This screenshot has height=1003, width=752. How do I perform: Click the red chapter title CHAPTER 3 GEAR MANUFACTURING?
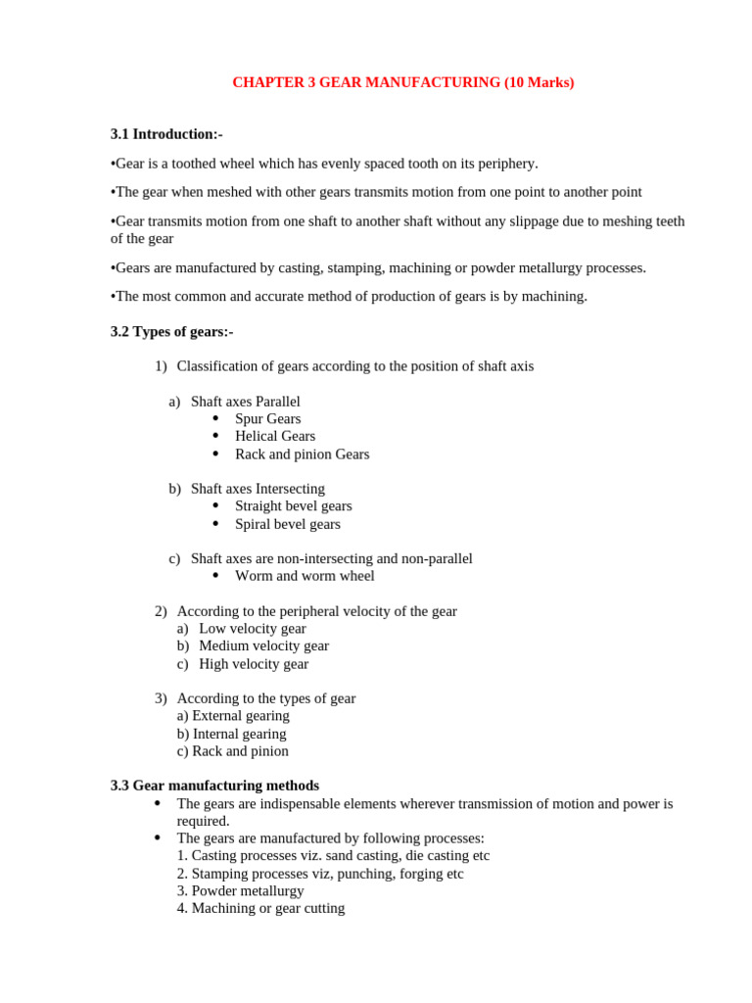pos(402,83)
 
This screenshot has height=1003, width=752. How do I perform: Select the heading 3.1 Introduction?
pos(166,134)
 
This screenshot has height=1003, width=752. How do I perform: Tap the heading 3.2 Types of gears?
pos(171,332)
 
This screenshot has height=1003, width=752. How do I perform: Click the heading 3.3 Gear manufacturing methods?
pos(214,786)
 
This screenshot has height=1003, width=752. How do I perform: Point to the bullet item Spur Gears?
pos(267,419)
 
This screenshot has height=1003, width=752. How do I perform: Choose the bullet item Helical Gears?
pos(274,436)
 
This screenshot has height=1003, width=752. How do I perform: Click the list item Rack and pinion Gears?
pos(302,454)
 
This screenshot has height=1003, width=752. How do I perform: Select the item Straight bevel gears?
pos(293,506)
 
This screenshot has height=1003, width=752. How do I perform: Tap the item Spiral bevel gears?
pos(287,524)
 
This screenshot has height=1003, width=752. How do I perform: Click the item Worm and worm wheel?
pos(305,576)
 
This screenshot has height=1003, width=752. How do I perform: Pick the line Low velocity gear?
pos(252,629)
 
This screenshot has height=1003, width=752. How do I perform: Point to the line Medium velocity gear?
pos(263,646)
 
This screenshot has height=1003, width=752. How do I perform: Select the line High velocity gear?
pos(253,664)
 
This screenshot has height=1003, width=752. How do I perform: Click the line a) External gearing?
pos(233,716)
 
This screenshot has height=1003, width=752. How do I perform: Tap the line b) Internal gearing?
pos(232,734)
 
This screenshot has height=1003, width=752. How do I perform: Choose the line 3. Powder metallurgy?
pos(240,891)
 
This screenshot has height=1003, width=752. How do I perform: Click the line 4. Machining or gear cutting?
pos(260,908)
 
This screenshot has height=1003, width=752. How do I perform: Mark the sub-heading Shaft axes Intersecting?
pos(258,489)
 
